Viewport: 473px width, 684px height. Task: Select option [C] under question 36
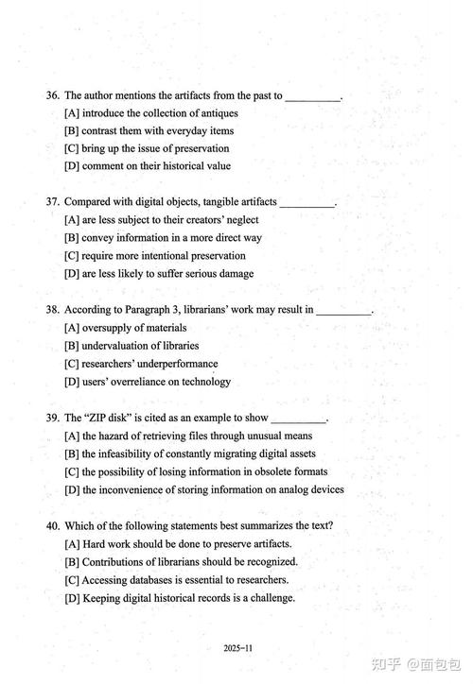pyautogui.click(x=71, y=148)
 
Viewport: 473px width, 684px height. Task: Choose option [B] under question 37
pyautogui.click(x=71, y=238)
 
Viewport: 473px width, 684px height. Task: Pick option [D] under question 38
pyautogui.click(x=71, y=382)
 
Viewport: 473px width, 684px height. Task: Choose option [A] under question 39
pyautogui.click(x=71, y=436)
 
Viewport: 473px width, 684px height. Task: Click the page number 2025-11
pyautogui.click(x=237, y=649)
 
